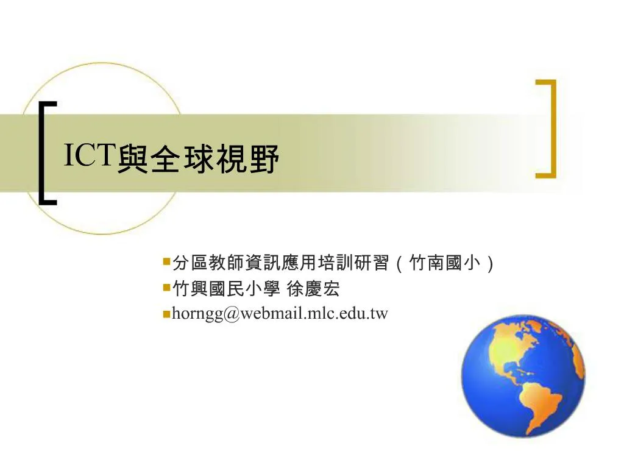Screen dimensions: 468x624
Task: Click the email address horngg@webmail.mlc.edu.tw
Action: (x=280, y=314)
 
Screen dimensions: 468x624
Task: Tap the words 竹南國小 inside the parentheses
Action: (x=444, y=263)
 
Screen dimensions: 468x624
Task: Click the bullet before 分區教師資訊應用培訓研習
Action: (x=166, y=262)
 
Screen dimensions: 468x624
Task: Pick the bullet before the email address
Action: (x=166, y=314)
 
